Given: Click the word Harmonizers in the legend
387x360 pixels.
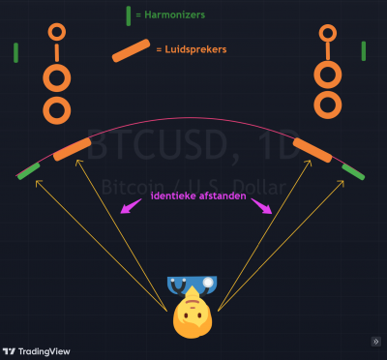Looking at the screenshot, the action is (174, 15).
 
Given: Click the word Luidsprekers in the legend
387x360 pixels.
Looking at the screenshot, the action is (195, 49).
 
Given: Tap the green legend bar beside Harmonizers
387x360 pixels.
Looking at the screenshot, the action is (129, 15).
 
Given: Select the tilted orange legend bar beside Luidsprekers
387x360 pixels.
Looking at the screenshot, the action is (131, 50).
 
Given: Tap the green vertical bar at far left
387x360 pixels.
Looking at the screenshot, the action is (15, 53).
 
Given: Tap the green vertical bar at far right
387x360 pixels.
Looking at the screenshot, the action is (364, 51).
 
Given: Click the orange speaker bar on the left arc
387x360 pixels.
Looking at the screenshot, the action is (73, 149).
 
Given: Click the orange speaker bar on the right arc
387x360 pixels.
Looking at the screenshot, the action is (313, 150).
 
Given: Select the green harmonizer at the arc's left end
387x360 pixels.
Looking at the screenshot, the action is (29, 171).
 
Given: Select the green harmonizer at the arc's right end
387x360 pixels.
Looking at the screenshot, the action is (353, 172).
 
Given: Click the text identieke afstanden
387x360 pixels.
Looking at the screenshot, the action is (198, 195).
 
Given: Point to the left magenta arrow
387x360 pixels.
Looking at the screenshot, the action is (131, 206).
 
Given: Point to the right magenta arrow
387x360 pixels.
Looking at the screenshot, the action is (262, 206).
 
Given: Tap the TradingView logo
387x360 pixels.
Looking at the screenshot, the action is (36, 351).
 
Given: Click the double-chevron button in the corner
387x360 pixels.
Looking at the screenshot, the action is (376, 342).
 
